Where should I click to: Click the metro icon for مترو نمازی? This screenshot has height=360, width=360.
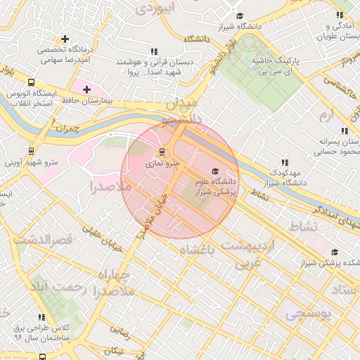click(162, 152)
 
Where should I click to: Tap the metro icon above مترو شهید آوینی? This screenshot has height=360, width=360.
click(31, 150)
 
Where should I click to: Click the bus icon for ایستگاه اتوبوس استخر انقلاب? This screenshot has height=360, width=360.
click(31, 82)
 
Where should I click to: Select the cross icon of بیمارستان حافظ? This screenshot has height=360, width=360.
click(86, 89)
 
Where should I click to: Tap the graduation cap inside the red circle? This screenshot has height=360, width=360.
click(214, 171)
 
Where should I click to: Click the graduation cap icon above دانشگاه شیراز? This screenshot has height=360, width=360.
click(240, 15)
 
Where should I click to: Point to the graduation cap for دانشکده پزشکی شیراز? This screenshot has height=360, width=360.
click(335, 252)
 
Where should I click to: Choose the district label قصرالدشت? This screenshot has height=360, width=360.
click(48, 240)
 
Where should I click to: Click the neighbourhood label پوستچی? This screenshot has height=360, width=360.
click(307, 315)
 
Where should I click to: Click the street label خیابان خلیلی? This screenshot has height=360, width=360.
click(102, 236)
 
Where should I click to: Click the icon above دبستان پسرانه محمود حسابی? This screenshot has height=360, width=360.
click(344, 131)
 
